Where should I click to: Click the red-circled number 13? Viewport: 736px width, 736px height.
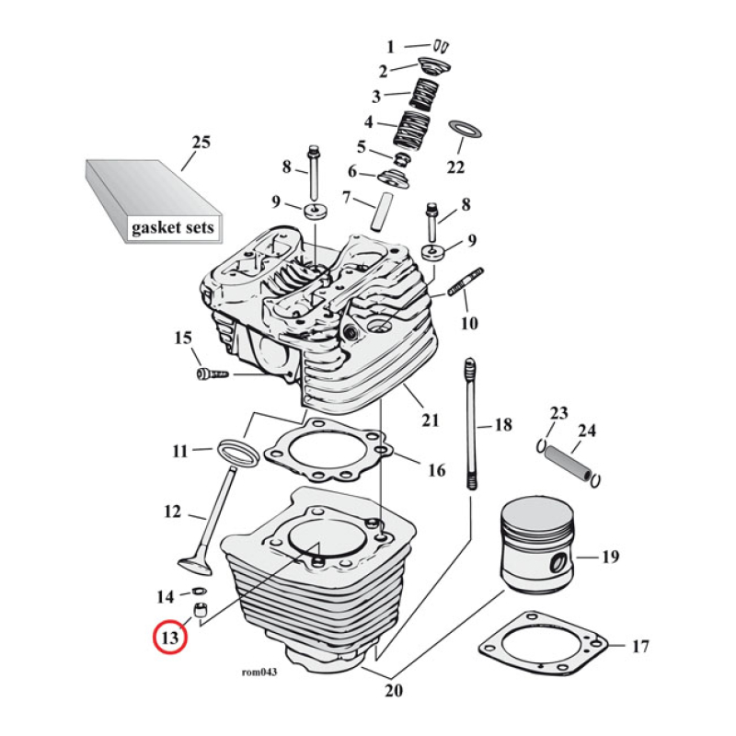[x=169, y=637]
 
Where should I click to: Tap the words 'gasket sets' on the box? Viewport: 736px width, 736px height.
[x=171, y=226]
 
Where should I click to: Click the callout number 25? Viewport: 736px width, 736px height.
[x=201, y=143]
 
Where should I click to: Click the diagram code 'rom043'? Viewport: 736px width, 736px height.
[x=259, y=672]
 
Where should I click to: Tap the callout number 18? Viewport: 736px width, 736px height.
[x=502, y=425]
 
